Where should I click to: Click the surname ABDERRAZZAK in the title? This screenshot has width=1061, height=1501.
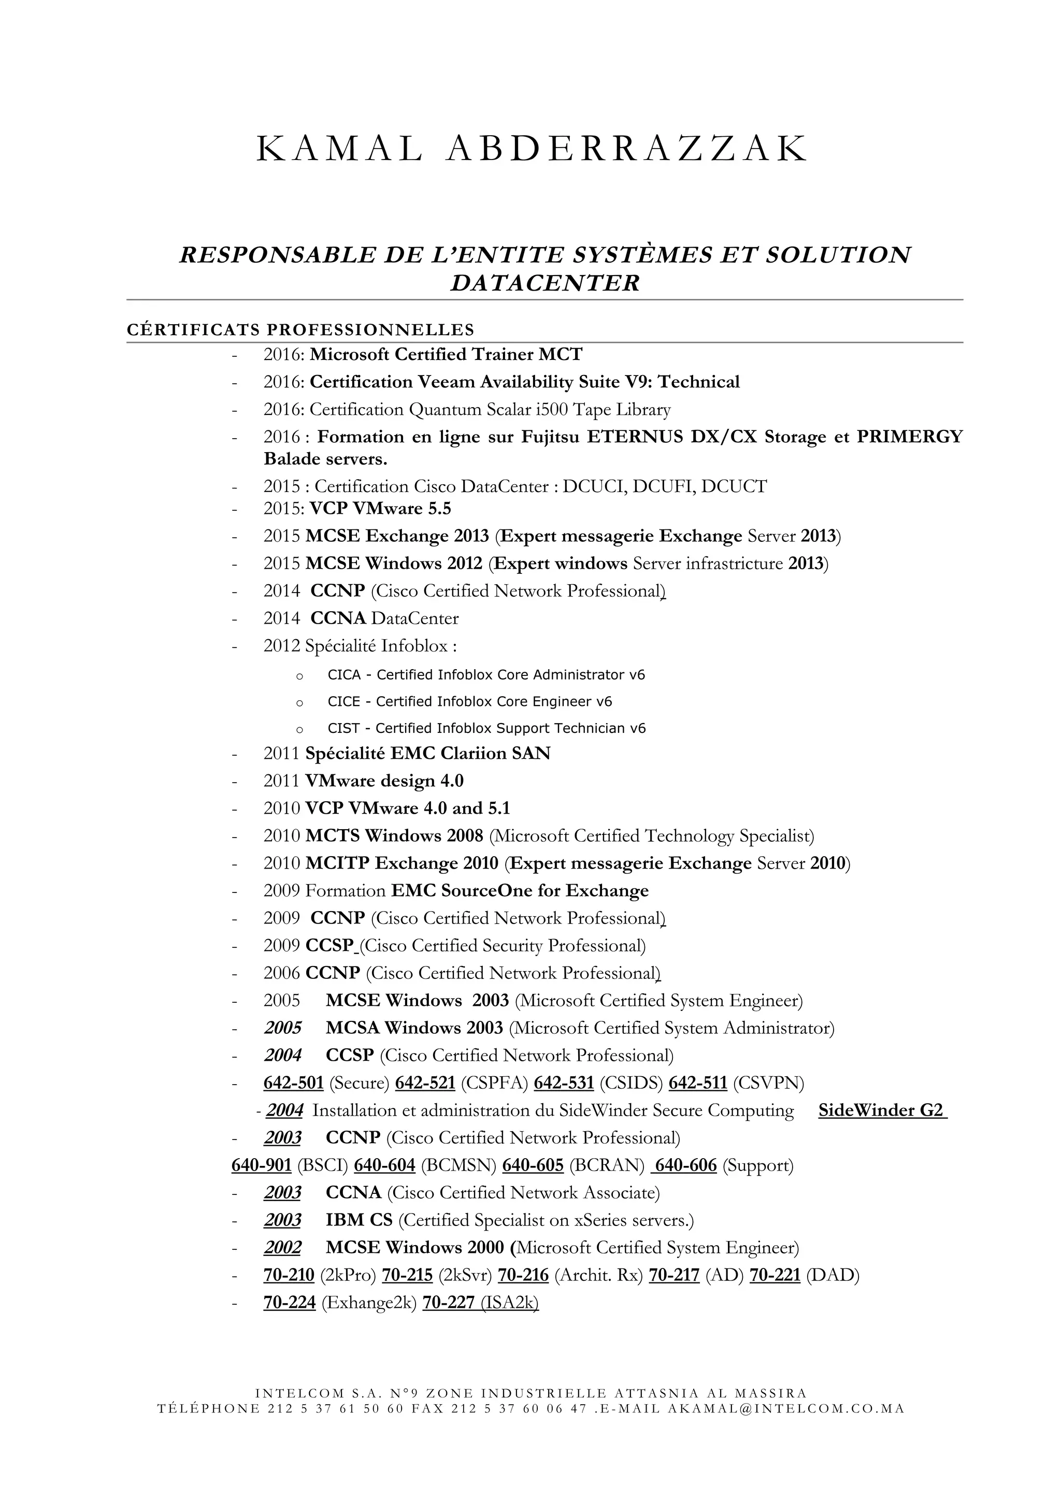click(627, 149)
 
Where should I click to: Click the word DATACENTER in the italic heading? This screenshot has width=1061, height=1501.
click(544, 283)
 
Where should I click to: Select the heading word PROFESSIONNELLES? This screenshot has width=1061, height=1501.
click(370, 329)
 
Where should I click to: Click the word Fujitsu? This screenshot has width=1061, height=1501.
click(550, 437)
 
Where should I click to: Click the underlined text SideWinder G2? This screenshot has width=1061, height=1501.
click(882, 1110)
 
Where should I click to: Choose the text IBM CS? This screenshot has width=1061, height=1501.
click(359, 1221)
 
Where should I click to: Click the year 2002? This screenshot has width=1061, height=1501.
click(282, 1248)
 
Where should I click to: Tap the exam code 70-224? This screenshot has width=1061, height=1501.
click(290, 1303)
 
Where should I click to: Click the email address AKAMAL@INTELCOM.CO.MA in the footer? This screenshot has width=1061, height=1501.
click(786, 1409)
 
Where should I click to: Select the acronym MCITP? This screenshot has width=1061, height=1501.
click(337, 863)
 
